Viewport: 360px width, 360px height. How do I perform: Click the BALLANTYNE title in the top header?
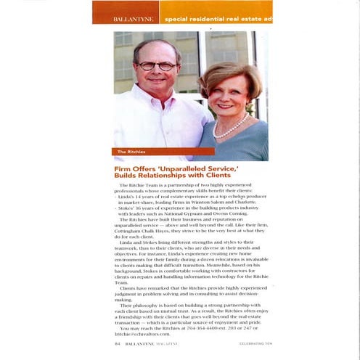pyautogui.click(x=127, y=17)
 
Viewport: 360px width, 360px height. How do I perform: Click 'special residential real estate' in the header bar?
pyautogui.click(x=210, y=17)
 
